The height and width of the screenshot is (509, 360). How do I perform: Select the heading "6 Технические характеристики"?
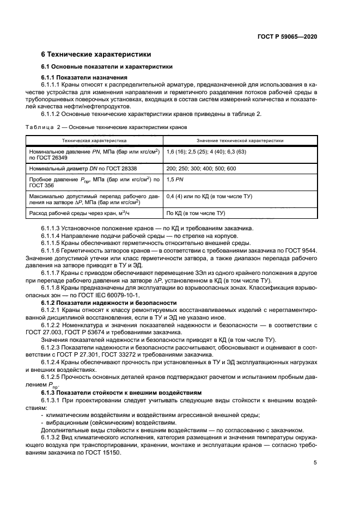coord(93,54)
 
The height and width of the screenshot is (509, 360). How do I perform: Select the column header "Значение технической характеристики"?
coord(240,140)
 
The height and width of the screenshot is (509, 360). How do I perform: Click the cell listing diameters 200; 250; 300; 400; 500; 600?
coord(201,169)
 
